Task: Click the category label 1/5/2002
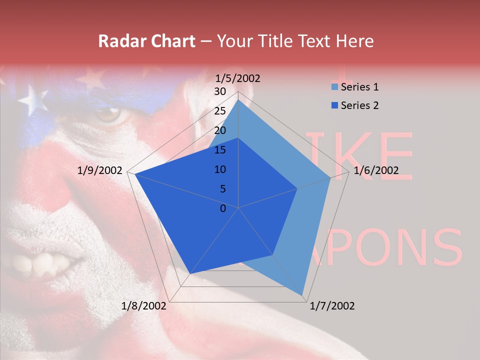point(238,78)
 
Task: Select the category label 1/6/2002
point(376,170)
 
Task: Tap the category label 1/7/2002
point(332,306)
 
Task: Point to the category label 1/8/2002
point(144,306)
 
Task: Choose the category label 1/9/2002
point(100,170)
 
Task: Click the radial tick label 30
point(220,91)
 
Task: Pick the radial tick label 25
point(220,111)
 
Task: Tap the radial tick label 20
point(220,130)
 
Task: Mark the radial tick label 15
point(220,150)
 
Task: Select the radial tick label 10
point(220,169)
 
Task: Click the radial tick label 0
point(223,208)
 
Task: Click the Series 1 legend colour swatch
point(334,87)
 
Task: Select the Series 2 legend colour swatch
point(334,105)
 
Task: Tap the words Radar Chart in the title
point(146,41)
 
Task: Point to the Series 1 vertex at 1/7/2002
point(302,295)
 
